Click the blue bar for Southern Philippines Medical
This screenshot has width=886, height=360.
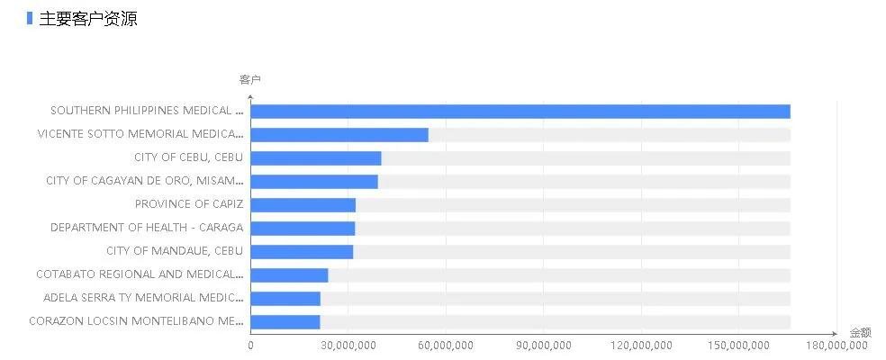[520, 112]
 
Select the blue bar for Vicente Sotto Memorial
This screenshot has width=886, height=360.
[339, 135]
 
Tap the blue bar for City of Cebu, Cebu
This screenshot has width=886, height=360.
[316, 158]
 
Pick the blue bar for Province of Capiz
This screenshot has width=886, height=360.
[303, 205]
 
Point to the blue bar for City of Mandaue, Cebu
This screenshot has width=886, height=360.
[302, 252]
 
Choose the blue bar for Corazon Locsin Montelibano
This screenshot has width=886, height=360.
[285, 322]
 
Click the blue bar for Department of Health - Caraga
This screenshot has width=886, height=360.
[303, 229]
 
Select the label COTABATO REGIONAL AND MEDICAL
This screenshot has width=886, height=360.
[140, 274]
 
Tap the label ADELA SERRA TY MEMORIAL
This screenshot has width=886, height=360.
[143, 298]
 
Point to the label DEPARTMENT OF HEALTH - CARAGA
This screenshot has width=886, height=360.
[147, 228]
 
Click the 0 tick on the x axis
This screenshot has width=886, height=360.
[250, 346]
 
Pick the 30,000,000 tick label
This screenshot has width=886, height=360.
[348, 346]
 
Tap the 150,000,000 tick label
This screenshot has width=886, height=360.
[739, 346]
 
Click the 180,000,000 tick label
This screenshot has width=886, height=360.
[836, 346]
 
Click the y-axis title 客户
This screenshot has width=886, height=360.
[249, 80]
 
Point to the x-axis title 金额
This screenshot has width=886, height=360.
[860, 332]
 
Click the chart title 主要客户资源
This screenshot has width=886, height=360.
[88, 18]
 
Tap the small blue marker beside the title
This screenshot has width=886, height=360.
[30, 18]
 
